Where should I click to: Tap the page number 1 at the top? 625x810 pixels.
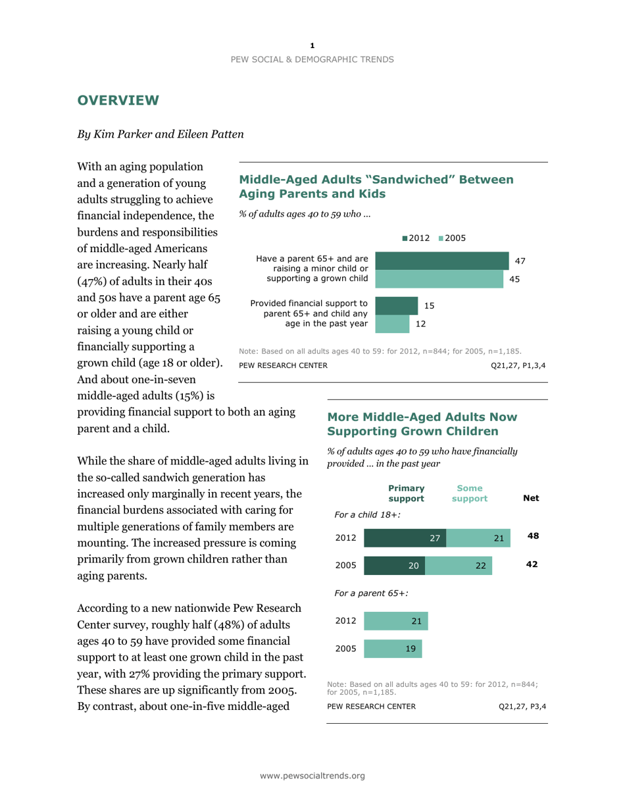312,45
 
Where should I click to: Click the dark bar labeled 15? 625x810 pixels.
396,306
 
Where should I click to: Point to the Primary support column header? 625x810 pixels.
406,493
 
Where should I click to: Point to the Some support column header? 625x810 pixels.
470,493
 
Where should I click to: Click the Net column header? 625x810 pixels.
530,499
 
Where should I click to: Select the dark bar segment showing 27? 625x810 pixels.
405,537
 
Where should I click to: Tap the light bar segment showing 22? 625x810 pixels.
459,566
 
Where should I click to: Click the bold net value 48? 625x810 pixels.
533,537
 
